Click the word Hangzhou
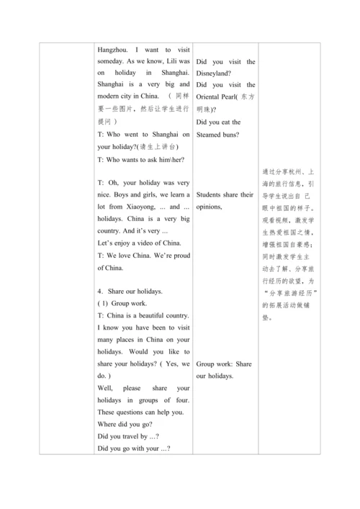[x=112, y=50]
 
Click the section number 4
[x=99, y=291]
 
